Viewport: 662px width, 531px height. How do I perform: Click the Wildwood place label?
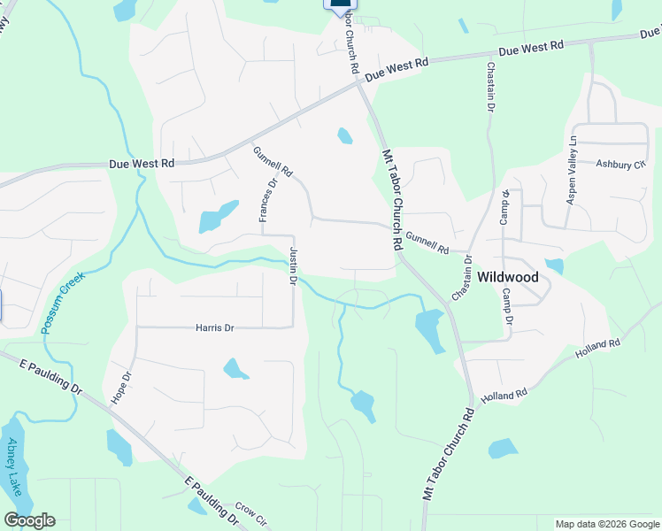(508, 277)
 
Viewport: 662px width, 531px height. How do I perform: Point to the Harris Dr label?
(214, 328)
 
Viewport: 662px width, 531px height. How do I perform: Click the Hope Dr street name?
(121, 388)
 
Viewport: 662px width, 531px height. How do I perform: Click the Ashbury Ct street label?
(620, 165)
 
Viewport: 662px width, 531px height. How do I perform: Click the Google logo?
(29, 520)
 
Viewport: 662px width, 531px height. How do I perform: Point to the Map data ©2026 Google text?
(606, 524)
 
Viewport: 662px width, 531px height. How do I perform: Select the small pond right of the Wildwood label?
(555, 265)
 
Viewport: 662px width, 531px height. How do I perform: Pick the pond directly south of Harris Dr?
(235, 367)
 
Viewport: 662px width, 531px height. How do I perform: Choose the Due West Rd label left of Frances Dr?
(142, 164)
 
